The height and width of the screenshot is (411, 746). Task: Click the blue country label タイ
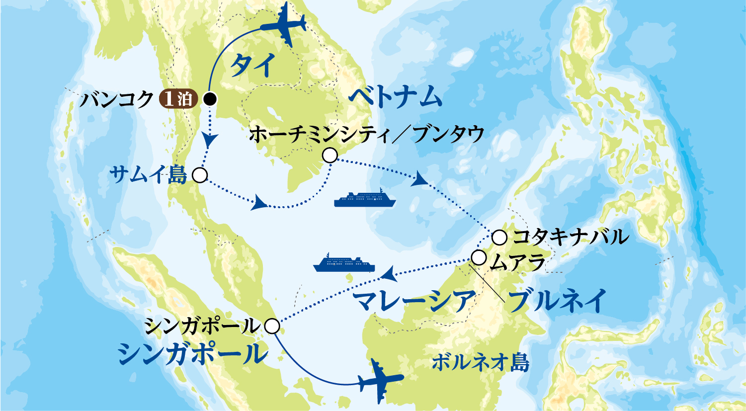coord(253,66)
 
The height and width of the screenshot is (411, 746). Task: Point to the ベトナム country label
coord(395,97)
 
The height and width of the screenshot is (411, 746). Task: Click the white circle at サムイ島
coord(199,175)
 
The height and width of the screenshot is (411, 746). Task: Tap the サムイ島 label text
coord(148,174)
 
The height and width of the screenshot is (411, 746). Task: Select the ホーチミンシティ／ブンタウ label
coord(367,134)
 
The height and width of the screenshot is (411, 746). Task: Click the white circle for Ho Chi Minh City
coord(330,156)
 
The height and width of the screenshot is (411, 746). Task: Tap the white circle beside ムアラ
coord(479,258)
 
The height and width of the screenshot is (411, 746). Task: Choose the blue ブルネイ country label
coord(557,301)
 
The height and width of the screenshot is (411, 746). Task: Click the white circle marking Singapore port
coord(272,326)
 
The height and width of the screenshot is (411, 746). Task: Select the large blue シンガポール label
coord(192,354)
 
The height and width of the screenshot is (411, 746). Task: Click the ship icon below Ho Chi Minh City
coord(365,199)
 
